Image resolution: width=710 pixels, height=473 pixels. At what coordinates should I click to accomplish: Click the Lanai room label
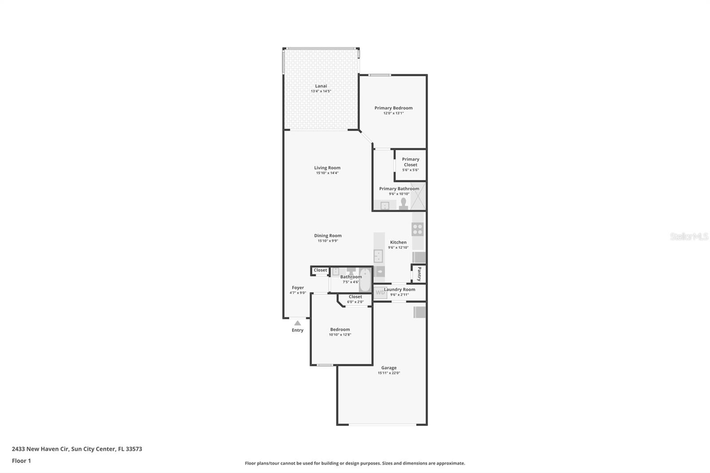pos(321,86)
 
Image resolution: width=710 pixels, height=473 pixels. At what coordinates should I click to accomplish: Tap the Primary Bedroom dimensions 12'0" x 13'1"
pos(394,113)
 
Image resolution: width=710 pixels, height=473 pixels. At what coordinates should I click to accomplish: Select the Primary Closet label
pos(410,162)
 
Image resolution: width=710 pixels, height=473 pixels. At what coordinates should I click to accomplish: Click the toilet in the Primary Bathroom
pos(403,204)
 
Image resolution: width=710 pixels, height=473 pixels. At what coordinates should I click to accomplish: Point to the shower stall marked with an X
pos(418,196)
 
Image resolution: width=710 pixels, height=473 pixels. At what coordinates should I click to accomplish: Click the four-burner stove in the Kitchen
pos(418,229)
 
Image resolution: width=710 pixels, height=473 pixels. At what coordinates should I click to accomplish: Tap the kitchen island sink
pos(379,256)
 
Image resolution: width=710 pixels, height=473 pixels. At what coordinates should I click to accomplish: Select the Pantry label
pos(419,274)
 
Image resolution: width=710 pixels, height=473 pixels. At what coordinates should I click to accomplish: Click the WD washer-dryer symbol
pos(380,292)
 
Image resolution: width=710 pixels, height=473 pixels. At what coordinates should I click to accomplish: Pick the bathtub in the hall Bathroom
pos(365,280)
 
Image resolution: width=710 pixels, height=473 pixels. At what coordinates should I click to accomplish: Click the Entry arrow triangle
pos(297,323)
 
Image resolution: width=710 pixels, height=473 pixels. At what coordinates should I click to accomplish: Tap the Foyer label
pos(298,288)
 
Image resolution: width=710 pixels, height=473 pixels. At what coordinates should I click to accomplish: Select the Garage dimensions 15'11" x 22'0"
pos(389,373)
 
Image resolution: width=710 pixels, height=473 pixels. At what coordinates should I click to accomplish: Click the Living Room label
pos(327,168)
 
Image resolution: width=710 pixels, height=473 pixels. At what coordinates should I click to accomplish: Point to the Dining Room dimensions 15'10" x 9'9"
pos(328,241)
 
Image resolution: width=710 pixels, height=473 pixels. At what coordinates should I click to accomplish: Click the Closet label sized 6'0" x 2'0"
pos(355,297)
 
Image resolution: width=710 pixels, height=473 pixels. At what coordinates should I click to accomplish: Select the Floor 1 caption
pos(21,461)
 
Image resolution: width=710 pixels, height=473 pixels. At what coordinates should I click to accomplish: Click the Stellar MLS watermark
pos(689,236)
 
